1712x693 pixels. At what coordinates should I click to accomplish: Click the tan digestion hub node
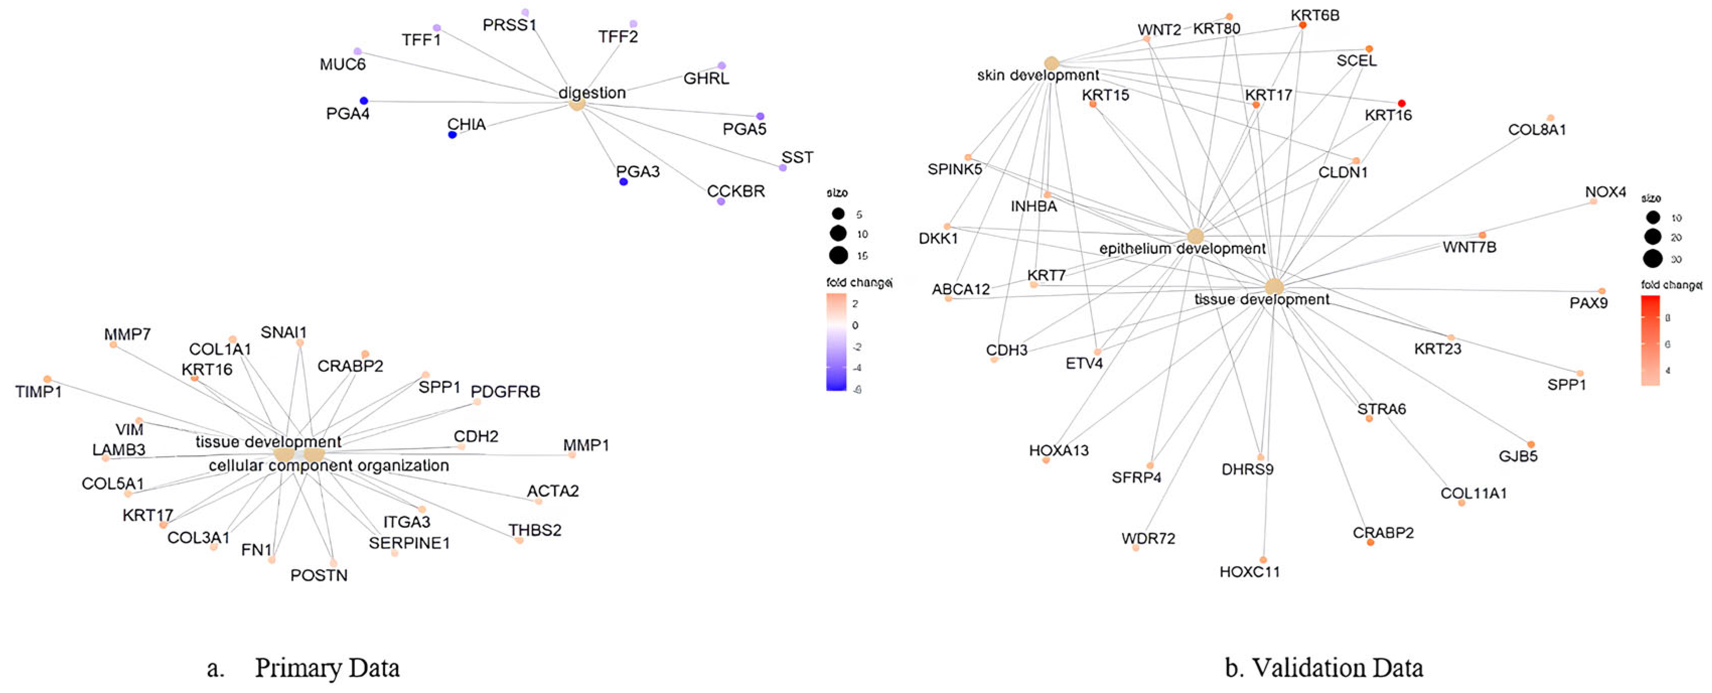[x=577, y=104]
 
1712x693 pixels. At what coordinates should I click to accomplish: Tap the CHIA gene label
[x=466, y=124]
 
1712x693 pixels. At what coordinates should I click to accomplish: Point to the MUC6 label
[x=342, y=64]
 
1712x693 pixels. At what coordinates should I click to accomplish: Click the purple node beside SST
[x=783, y=168]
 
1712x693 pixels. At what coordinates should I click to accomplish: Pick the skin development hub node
[x=1051, y=63]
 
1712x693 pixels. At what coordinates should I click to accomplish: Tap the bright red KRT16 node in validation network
[x=1401, y=103]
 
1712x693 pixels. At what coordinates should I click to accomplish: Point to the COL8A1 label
[x=1536, y=130]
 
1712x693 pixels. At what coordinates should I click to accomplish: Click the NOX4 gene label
[x=1605, y=192]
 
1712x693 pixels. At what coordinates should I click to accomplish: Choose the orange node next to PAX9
[x=1602, y=291]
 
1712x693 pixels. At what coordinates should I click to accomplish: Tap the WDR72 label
[x=1148, y=538]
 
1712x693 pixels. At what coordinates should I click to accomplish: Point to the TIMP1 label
[x=39, y=392]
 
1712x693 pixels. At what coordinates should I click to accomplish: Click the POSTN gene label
[x=319, y=575]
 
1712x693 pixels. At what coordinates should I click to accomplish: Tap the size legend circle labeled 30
[x=1653, y=259]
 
